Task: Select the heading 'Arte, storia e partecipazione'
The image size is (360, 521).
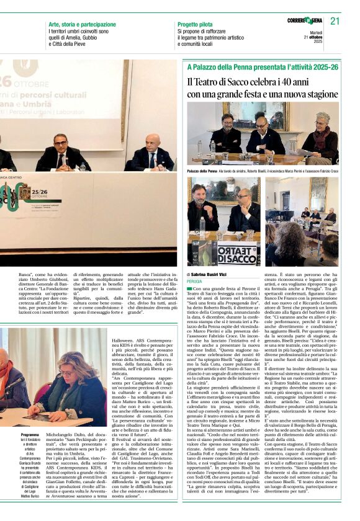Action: pos(82,24)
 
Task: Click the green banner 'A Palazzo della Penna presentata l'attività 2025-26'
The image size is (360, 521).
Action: pos(263,66)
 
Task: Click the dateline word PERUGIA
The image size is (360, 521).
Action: pos(196,280)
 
